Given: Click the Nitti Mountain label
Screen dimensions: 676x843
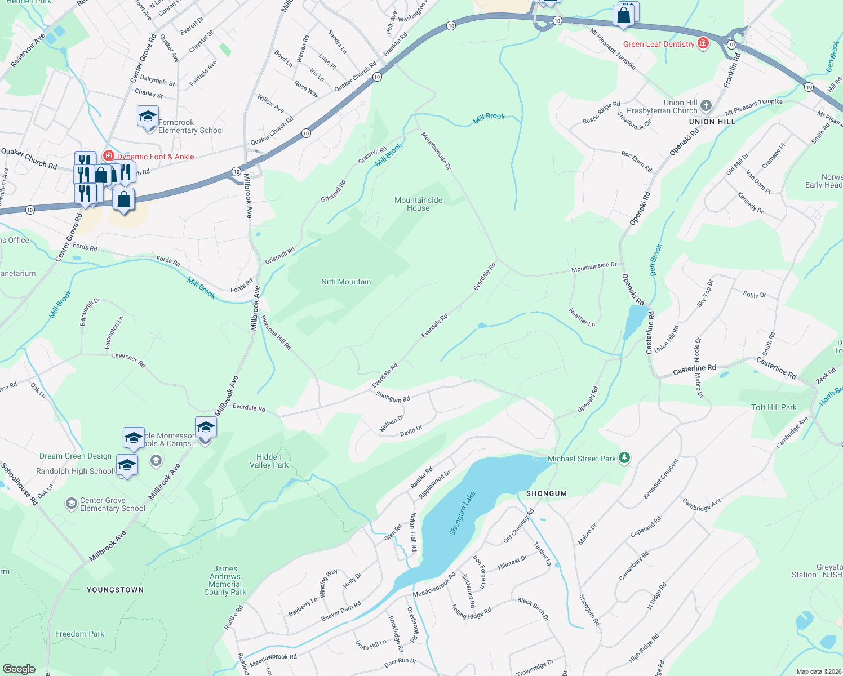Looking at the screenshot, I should (346, 282).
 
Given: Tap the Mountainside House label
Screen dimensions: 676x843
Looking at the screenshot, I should (418, 204).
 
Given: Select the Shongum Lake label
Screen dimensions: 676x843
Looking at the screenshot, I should (463, 513).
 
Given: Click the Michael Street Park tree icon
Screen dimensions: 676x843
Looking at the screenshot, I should (624, 458).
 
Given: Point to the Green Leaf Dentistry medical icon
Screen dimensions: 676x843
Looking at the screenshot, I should (703, 44).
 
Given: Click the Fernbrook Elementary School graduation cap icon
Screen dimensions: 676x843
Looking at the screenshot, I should (148, 117).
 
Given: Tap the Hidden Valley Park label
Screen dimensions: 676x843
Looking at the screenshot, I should (269, 461).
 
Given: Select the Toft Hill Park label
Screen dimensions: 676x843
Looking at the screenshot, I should (774, 407).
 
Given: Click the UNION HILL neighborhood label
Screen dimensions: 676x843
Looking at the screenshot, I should (712, 122).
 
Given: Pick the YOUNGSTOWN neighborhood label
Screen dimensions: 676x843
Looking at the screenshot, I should (115, 590).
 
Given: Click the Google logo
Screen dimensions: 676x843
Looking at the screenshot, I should (19, 669).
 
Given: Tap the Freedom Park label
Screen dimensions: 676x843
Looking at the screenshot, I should (79, 634).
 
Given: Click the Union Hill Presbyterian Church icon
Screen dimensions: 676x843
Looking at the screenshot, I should (706, 106).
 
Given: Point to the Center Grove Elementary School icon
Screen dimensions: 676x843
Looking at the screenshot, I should (71, 503).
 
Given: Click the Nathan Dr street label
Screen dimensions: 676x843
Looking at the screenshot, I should (392, 424).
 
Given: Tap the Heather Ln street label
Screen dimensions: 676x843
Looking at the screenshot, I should (582, 317).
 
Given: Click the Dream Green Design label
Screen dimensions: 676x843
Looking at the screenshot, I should (76, 456).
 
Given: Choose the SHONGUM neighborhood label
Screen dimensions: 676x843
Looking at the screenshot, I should (546, 493).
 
